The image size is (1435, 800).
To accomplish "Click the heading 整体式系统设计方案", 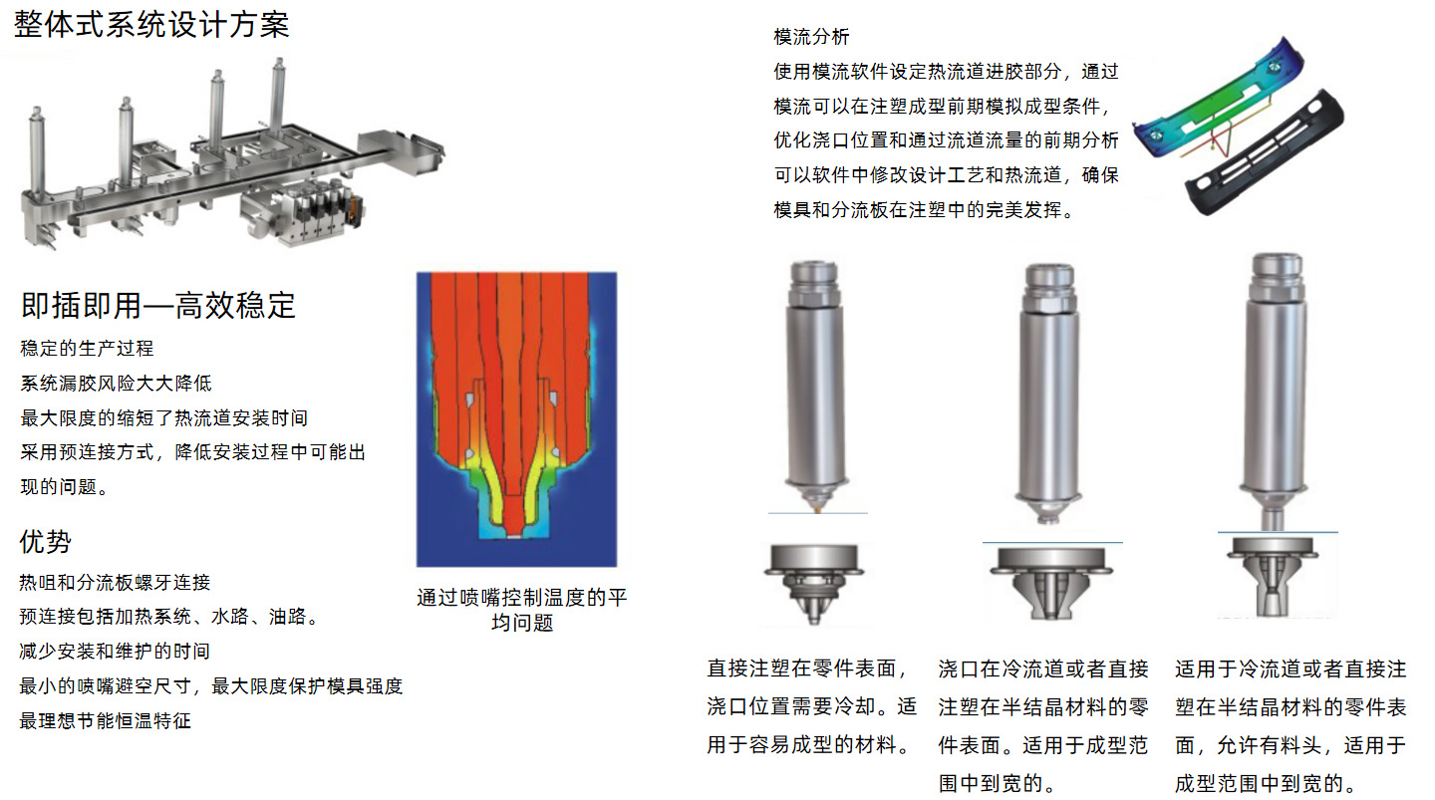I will [x=151, y=24].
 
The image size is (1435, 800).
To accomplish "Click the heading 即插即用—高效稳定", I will [x=158, y=305].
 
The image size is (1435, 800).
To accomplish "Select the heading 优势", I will [x=46, y=542].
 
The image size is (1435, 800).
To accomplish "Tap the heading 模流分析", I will [x=811, y=37].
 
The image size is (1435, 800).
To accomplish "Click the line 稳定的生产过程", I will [x=88, y=349].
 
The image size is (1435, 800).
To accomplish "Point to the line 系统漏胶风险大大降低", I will [x=116, y=384].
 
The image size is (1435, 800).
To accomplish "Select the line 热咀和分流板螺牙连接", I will [x=115, y=583].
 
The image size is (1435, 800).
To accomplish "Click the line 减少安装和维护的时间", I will [x=115, y=652].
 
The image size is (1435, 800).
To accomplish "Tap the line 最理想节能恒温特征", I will [x=105, y=720].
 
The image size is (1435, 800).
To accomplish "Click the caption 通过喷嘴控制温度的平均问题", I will [x=521, y=610].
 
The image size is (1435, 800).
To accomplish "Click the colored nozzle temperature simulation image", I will [x=516, y=418].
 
